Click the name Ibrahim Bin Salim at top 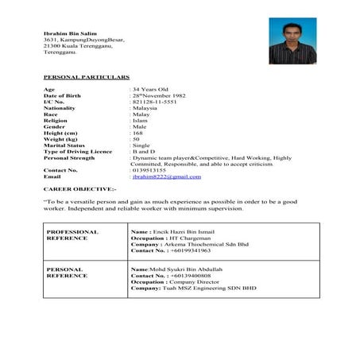click(x=64, y=32)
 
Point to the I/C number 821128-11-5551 click(x=155, y=103)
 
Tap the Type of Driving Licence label click(x=78, y=152)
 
